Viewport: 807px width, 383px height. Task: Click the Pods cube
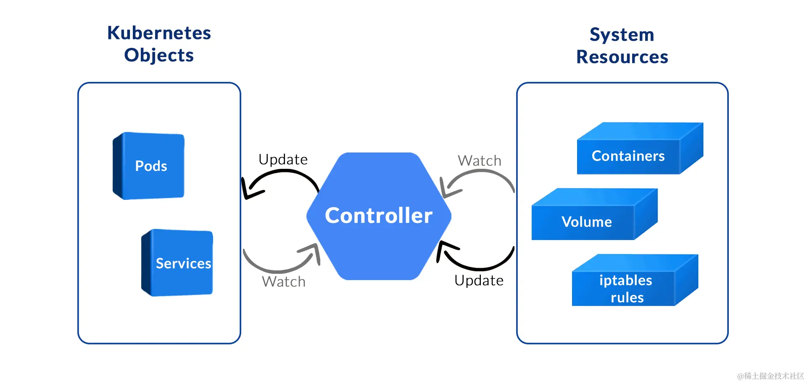click(149, 166)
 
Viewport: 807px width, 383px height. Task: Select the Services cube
click(178, 263)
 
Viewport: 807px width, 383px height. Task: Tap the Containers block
click(628, 156)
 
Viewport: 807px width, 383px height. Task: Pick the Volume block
click(586, 221)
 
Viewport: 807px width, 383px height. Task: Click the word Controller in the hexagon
click(378, 215)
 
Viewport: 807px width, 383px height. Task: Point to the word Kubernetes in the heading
click(159, 33)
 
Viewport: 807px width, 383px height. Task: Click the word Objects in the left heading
click(159, 55)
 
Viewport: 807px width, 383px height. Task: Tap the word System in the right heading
click(622, 34)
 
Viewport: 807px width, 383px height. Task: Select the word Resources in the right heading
click(622, 57)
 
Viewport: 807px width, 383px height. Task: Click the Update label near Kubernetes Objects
click(283, 160)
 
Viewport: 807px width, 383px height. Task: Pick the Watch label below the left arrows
click(283, 281)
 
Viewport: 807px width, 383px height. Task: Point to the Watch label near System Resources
click(479, 160)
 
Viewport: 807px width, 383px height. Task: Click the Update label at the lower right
click(479, 280)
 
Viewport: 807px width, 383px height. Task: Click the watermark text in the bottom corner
click(770, 376)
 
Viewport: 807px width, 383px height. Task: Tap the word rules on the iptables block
click(627, 297)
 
